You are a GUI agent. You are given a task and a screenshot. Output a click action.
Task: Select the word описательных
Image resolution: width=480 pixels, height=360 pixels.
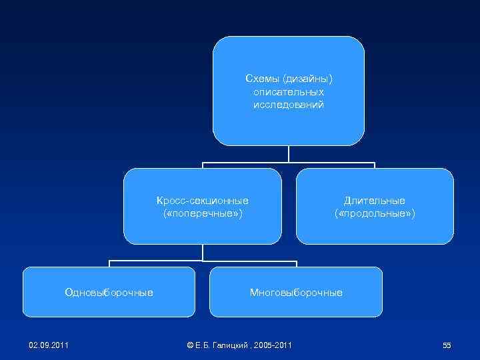point(289,92)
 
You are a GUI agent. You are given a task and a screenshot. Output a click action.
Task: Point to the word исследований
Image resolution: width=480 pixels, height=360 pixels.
point(289,105)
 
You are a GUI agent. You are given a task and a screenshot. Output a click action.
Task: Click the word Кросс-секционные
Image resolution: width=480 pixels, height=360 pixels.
point(203,200)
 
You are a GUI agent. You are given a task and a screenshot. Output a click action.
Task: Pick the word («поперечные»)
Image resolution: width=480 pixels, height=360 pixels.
point(203,213)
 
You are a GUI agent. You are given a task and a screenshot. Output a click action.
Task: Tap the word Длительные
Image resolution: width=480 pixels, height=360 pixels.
point(375,200)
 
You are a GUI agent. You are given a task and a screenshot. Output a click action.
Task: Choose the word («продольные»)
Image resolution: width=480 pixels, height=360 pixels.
point(375,213)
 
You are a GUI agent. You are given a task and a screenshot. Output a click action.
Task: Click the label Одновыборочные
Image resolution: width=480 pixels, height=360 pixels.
point(109,292)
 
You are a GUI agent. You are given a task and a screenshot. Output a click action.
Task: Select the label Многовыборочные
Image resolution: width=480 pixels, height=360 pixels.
point(296,292)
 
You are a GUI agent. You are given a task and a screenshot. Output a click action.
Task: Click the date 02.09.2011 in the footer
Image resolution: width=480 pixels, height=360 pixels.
point(49,345)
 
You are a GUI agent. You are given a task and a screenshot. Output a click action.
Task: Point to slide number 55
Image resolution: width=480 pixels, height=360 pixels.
point(447,345)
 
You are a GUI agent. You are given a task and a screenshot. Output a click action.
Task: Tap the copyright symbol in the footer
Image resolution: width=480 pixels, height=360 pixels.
point(190,345)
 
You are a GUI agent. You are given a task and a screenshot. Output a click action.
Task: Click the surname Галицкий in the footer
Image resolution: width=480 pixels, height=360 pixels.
point(231,345)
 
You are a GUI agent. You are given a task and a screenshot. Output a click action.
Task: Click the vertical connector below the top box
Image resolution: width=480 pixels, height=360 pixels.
point(289,153)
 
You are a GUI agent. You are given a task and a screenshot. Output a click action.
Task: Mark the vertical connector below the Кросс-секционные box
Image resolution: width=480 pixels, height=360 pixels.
point(203,251)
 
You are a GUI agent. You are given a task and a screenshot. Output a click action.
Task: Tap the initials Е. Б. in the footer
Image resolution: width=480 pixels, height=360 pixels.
point(203,345)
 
